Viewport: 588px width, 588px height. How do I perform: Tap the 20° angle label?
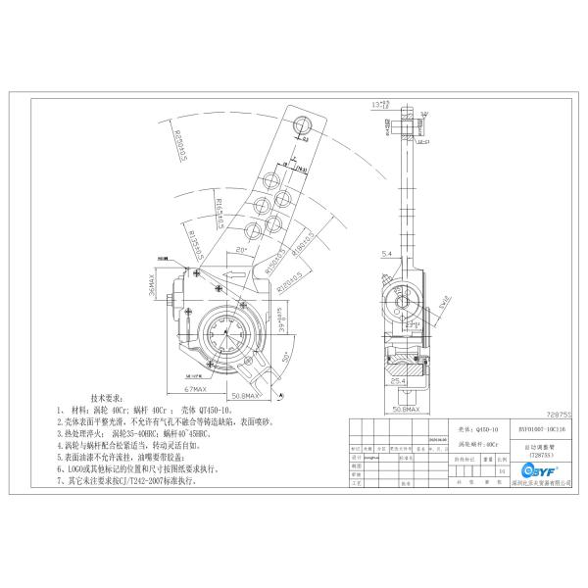(242, 250)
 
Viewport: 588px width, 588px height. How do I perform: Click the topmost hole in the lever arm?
(302, 126)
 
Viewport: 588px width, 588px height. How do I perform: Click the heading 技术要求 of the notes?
(109, 399)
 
